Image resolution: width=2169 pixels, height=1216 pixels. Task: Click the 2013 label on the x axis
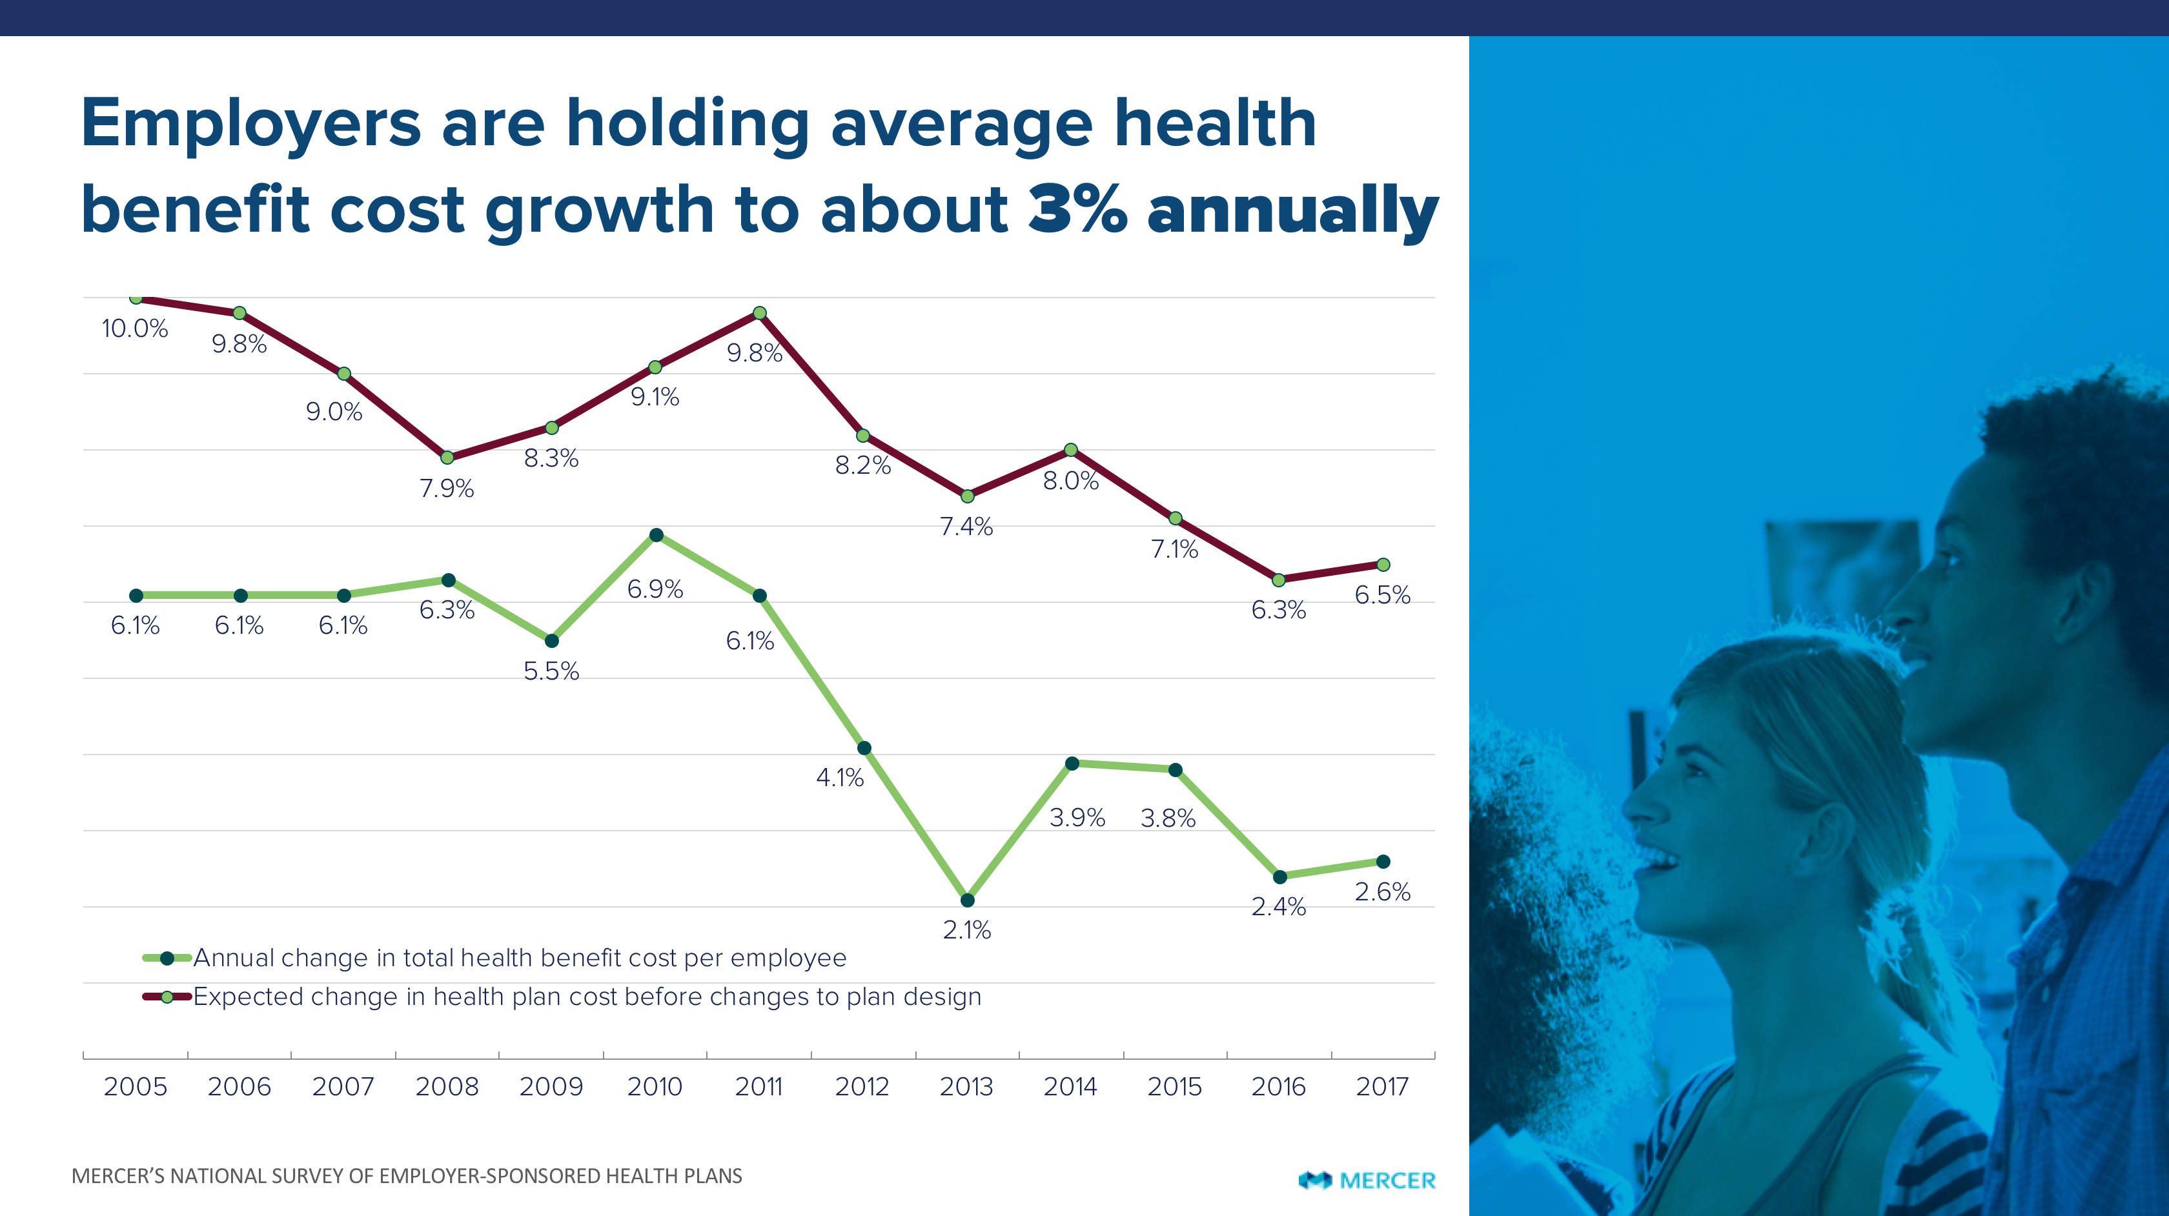(966, 1086)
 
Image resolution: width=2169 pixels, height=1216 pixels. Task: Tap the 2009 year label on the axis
(551, 1086)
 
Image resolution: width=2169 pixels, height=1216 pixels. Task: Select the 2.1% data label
(966, 929)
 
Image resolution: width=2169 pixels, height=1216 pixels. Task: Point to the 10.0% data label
(135, 329)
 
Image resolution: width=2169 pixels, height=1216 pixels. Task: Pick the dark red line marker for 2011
(760, 313)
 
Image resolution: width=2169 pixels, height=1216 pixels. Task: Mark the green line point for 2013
(968, 900)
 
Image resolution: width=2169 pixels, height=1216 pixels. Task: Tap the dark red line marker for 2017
(1383, 565)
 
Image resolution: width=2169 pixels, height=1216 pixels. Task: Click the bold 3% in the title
(1078, 209)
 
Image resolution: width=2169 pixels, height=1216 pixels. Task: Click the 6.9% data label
(655, 589)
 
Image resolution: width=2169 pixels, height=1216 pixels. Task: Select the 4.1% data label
(839, 777)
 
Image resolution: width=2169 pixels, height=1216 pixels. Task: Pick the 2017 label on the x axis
(1381, 1086)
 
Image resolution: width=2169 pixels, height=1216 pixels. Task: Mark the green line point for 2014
(1072, 764)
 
